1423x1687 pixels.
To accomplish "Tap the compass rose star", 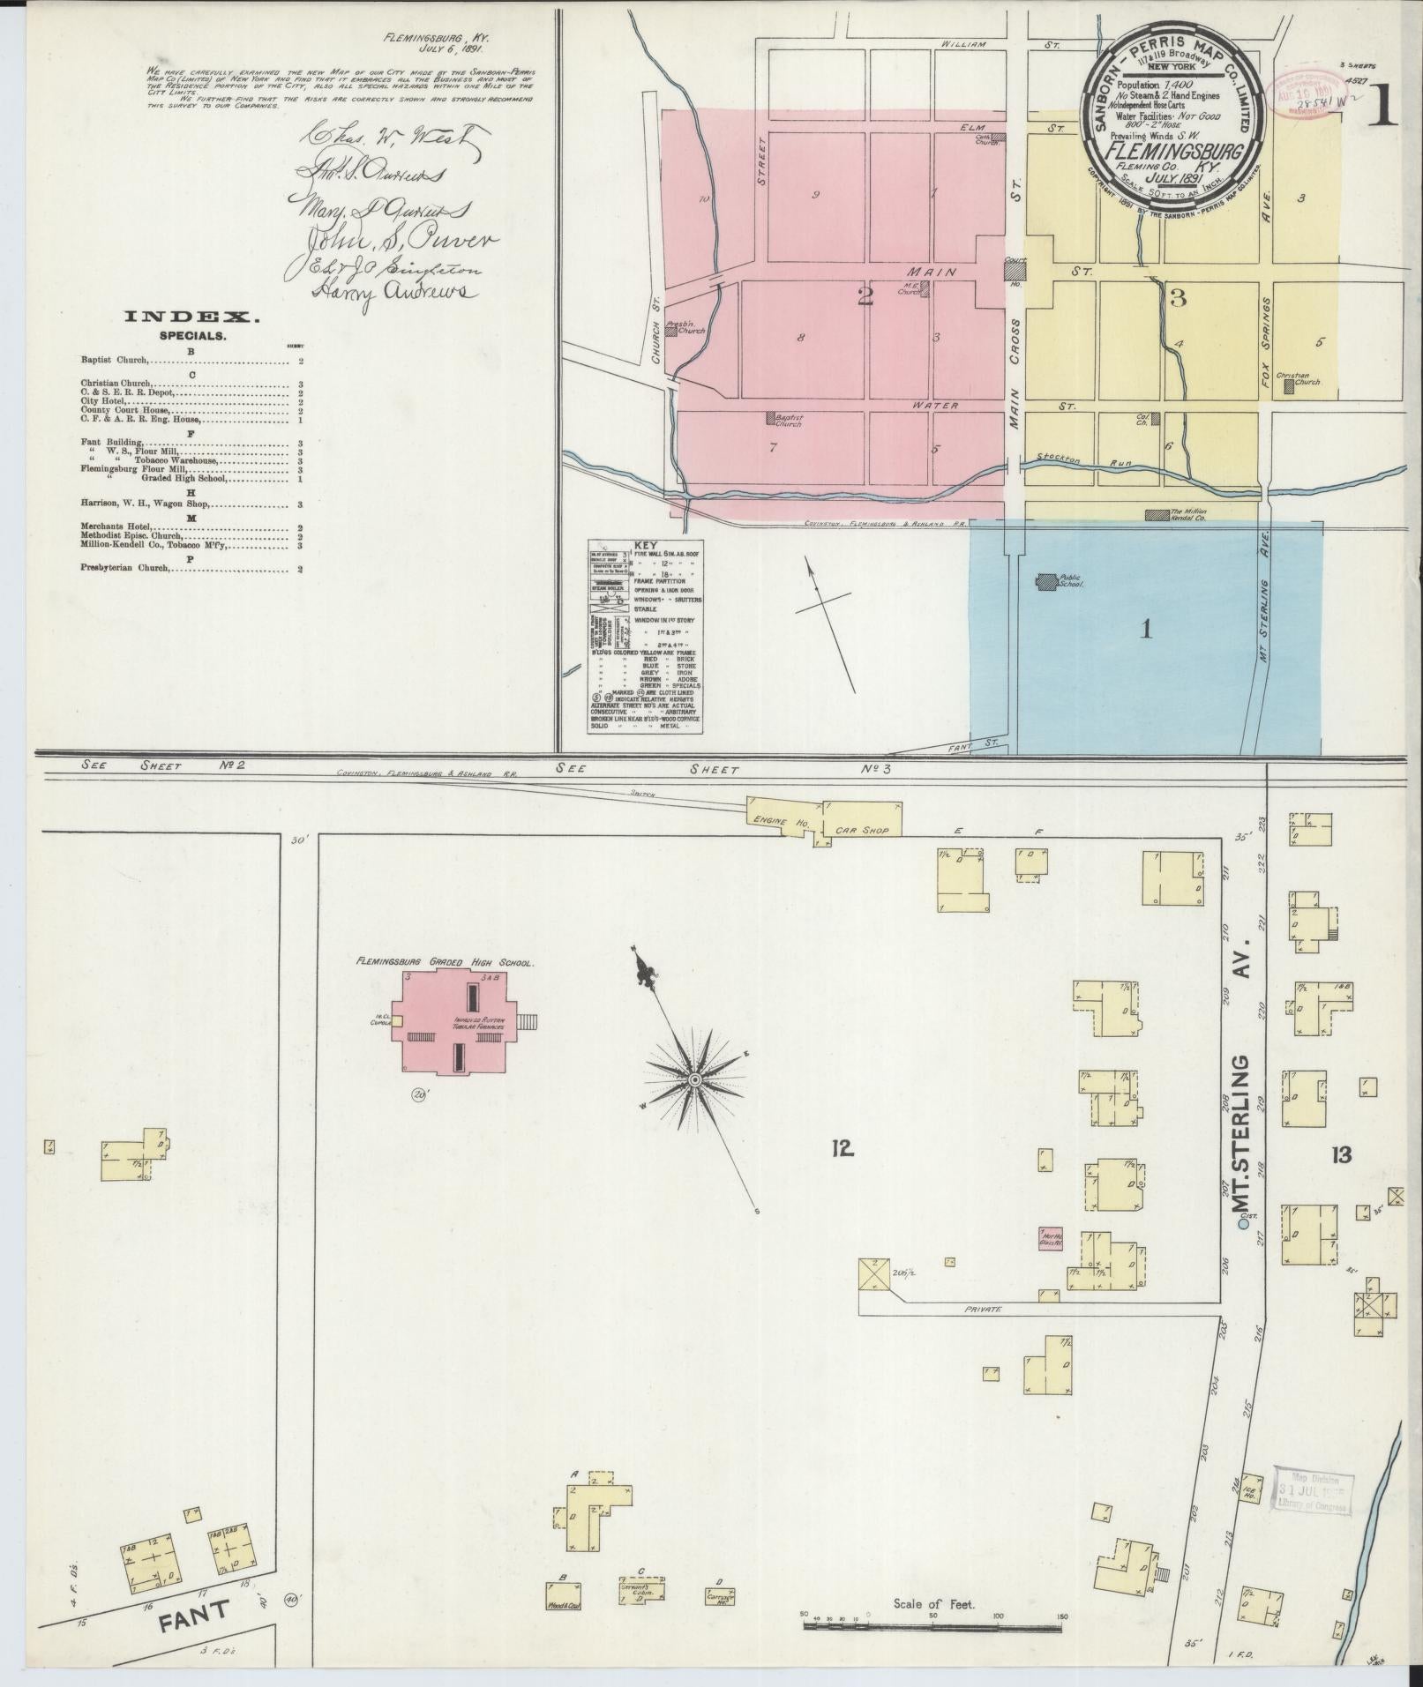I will click(x=695, y=1079).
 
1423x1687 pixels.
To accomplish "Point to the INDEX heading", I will click(x=191, y=317).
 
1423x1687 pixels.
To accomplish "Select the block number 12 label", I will click(x=841, y=1147).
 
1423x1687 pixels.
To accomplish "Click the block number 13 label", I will click(x=1341, y=1154).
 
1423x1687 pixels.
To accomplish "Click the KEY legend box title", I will click(x=646, y=544).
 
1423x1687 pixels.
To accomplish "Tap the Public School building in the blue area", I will click(x=1047, y=581).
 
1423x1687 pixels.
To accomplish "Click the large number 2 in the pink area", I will click(x=865, y=296).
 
